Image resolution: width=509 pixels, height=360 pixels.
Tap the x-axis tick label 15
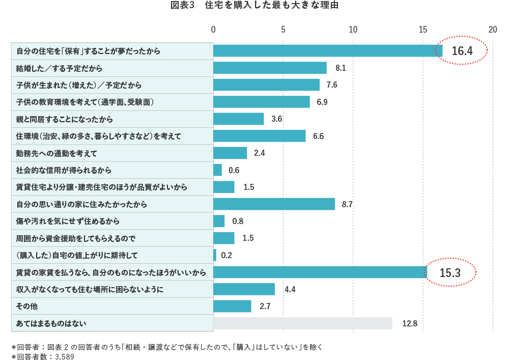click(422, 30)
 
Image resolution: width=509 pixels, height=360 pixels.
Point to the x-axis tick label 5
click(283, 30)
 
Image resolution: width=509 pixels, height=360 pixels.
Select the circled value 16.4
click(462, 51)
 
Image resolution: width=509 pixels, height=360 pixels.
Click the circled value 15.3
click(450, 273)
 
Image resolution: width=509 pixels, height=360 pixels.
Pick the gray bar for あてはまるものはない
click(303, 323)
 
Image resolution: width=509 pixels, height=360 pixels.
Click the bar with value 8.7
click(274, 204)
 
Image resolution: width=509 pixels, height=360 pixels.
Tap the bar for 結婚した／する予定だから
click(270, 68)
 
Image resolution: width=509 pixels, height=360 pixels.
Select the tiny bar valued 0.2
click(215, 255)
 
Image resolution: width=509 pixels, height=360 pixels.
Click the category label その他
click(27, 307)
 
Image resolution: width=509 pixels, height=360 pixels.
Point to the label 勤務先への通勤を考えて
click(56, 153)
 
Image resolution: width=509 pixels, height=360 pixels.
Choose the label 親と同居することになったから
click(64, 119)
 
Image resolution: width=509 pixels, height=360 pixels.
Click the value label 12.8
click(410, 323)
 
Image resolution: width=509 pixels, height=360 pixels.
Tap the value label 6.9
click(322, 102)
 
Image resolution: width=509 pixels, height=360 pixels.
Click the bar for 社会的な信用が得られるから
click(217, 170)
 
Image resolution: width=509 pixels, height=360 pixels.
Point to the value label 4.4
click(290, 289)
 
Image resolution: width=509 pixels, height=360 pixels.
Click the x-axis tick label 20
click(492, 30)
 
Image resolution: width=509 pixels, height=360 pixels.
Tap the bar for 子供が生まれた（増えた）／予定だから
click(266, 85)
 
